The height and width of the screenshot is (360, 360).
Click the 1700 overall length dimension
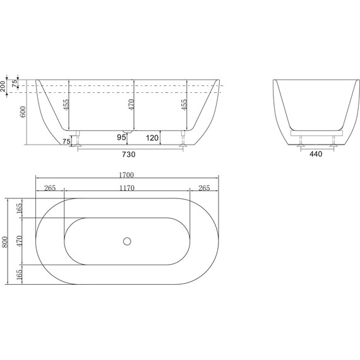pyautogui.click(x=129, y=175)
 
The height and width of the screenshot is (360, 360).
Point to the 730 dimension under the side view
pyautogui.click(x=128, y=153)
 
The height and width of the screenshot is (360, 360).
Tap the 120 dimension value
pyautogui.click(x=152, y=137)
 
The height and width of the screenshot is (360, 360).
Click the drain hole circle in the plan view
pyautogui.click(x=126, y=241)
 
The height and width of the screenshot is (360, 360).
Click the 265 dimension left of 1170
pyautogui.click(x=50, y=188)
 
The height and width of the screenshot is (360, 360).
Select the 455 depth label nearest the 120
pyautogui.click(x=184, y=105)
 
